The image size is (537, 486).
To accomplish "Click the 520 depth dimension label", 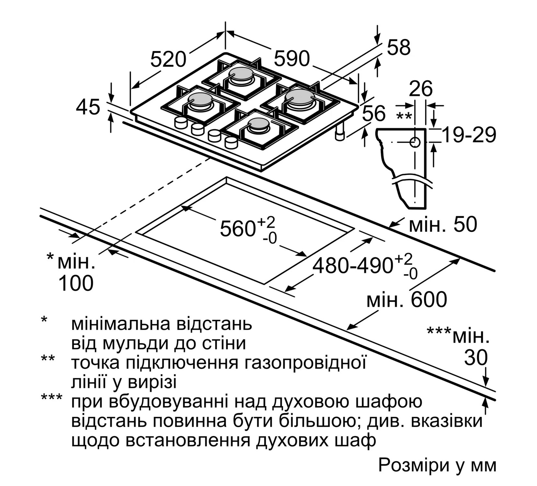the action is click(168, 60).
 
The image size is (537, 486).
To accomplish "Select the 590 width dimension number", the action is click(292, 59).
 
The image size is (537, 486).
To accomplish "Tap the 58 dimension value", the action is click(399, 47).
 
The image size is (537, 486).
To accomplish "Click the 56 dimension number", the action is click(374, 113).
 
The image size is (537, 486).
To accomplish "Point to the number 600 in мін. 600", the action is click(429, 299).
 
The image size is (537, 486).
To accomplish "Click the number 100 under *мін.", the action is click(76, 283).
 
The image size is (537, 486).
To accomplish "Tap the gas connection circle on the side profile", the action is click(415, 142).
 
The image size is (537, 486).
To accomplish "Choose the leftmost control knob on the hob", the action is click(181, 123).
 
